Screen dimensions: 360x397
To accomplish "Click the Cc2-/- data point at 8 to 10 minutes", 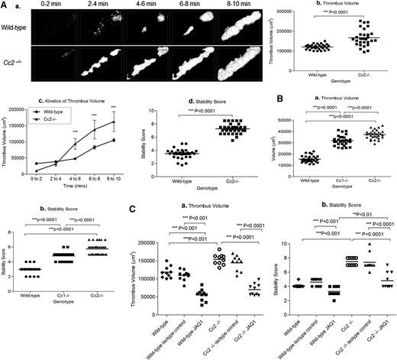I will pyautogui.click(x=113, y=122).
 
